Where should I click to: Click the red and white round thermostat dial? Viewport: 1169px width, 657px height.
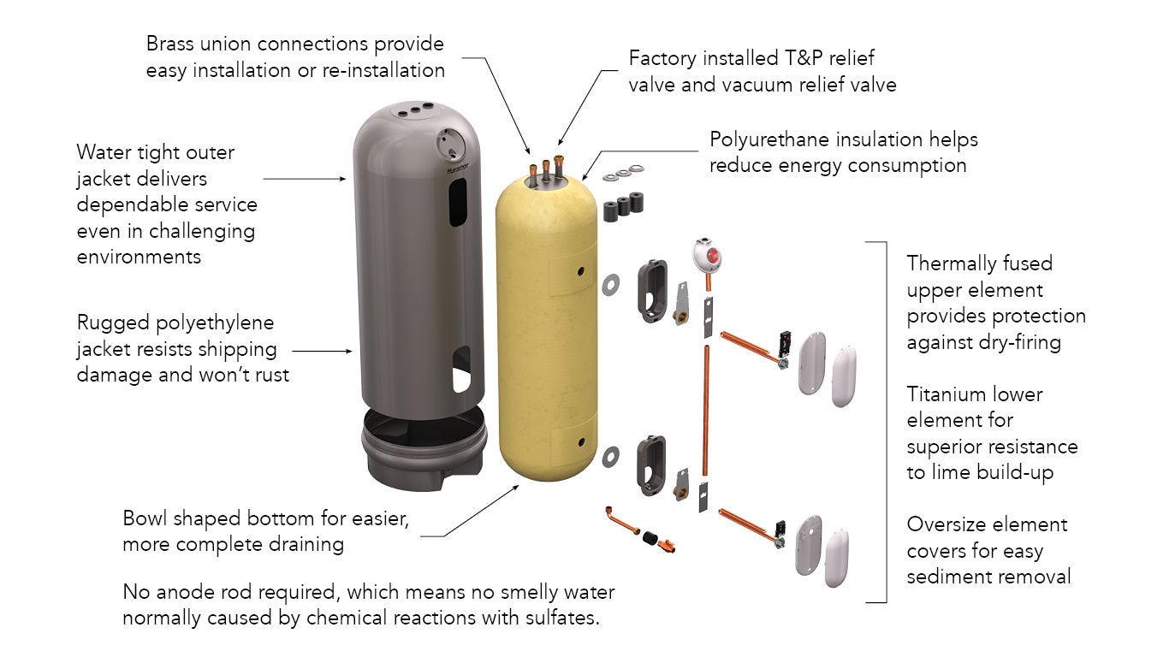[707, 255]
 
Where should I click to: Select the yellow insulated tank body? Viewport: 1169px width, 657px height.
[548, 334]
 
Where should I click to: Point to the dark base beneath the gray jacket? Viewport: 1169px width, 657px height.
[419, 445]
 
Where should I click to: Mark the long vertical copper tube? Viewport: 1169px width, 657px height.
[707, 411]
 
